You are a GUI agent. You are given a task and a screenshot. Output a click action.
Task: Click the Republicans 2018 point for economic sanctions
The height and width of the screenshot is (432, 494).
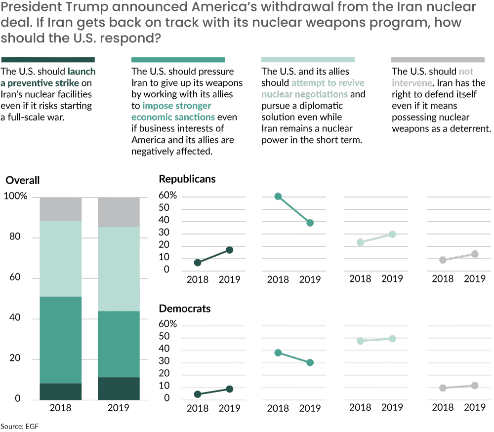click(x=278, y=196)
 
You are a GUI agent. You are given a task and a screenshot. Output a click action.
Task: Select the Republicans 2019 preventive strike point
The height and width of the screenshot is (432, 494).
click(x=229, y=250)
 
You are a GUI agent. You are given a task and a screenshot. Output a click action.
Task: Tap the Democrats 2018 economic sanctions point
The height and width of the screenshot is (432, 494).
click(x=278, y=353)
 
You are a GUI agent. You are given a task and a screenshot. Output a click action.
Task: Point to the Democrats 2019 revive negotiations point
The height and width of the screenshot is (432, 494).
click(x=392, y=339)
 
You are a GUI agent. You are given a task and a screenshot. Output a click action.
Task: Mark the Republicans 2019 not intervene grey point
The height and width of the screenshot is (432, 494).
click(x=475, y=254)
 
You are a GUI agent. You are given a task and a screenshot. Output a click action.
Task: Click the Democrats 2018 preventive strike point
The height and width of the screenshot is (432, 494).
click(x=198, y=394)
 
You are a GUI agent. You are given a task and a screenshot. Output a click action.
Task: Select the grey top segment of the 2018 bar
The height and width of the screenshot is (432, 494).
click(x=61, y=209)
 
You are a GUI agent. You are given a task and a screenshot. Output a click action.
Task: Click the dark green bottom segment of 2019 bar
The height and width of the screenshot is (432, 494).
click(x=119, y=388)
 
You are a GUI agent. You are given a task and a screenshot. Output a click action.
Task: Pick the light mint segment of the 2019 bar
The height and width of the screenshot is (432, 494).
click(x=119, y=269)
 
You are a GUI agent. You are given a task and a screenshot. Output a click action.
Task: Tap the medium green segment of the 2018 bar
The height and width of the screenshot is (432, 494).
click(x=61, y=340)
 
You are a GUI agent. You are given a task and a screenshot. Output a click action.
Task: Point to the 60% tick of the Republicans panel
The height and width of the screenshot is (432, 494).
click(x=167, y=196)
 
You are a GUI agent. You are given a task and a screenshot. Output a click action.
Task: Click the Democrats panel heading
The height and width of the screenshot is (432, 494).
click(x=184, y=309)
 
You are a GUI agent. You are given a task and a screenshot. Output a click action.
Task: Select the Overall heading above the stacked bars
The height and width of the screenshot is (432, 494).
click(x=23, y=181)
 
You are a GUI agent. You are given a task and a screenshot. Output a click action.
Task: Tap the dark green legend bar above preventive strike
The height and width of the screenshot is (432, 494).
click(x=48, y=59)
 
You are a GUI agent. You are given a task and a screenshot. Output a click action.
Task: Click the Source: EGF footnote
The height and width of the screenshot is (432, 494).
click(x=18, y=426)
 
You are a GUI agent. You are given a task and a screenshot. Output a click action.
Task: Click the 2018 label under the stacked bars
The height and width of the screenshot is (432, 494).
click(x=61, y=408)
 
